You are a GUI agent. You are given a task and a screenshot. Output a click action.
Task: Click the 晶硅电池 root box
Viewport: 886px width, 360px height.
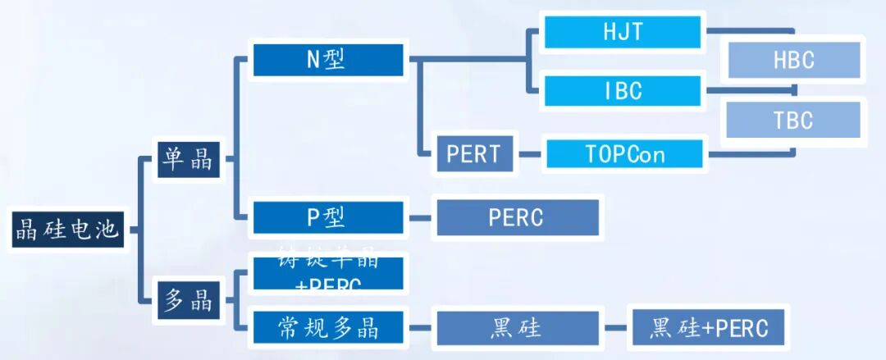(67, 230)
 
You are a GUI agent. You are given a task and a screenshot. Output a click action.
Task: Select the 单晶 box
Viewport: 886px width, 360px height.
(190, 159)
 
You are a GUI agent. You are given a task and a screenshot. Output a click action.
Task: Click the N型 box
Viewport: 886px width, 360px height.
(328, 60)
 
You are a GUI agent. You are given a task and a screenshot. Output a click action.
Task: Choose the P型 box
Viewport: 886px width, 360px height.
(328, 217)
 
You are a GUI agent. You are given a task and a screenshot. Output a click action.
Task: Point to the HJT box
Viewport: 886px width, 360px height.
(623, 33)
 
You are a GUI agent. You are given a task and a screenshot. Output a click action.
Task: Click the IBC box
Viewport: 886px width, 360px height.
(623, 90)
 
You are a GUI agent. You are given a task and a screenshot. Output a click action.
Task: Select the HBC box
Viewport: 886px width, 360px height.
(793, 61)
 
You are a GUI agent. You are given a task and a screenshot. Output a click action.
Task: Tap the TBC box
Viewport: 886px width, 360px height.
(793, 121)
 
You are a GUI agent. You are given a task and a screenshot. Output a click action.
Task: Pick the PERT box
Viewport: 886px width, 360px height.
(473, 154)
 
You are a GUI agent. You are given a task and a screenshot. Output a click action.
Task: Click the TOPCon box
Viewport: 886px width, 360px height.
(625, 154)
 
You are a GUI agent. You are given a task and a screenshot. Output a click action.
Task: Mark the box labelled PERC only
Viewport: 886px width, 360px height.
(517, 217)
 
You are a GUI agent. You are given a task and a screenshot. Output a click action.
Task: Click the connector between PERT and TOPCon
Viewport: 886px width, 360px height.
(530, 153)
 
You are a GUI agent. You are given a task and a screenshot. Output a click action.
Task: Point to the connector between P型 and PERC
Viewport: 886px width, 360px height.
(420, 218)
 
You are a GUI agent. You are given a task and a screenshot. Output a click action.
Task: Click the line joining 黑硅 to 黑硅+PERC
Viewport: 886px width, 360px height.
(615, 328)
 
